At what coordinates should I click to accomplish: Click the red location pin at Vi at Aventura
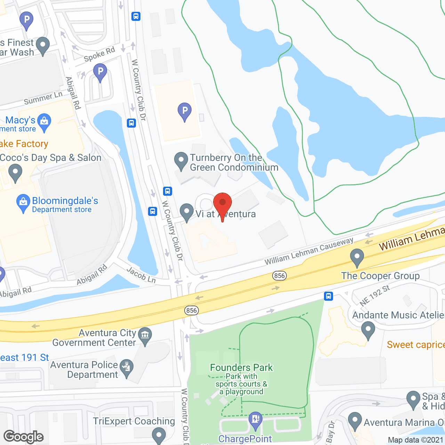(x=222, y=203)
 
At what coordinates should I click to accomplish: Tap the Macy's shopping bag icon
(x=44, y=121)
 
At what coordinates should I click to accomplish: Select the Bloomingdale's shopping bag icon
(x=23, y=202)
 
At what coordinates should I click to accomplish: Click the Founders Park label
(x=241, y=367)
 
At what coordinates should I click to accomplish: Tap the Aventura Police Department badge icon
(x=126, y=367)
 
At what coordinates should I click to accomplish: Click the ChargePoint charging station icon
(x=256, y=419)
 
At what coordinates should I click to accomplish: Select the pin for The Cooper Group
(x=357, y=257)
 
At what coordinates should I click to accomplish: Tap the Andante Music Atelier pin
(x=368, y=329)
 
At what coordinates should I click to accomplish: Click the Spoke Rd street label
(x=99, y=54)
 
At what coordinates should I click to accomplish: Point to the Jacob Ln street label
(x=141, y=275)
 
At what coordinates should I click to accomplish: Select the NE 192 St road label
(x=374, y=296)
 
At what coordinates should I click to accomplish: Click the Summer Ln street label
(x=43, y=98)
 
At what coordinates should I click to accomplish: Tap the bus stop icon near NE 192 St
(x=329, y=296)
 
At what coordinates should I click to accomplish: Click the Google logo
(x=24, y=437)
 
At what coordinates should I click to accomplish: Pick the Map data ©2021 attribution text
(x=416, y=440)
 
